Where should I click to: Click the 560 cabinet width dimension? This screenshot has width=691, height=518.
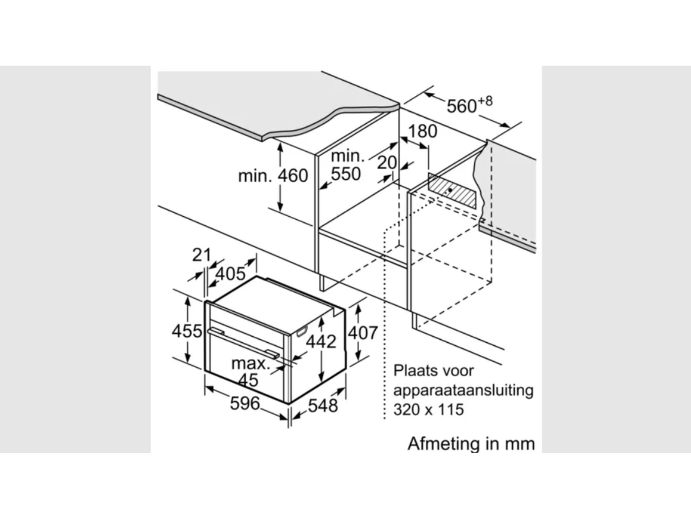point(461,106)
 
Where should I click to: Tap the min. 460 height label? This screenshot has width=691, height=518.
point(273,176)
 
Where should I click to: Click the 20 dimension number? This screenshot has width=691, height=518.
point(387,163)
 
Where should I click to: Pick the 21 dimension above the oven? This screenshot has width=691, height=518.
point(201,255)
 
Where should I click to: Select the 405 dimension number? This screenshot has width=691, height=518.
point(230,273)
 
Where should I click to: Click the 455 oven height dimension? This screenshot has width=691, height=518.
point(187,331)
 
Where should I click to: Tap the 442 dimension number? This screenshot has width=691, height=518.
point(320,341)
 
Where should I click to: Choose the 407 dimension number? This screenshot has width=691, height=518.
point(363,333)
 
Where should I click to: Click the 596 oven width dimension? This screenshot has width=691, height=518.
point(245,404)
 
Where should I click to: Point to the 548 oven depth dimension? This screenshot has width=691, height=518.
point(323,405)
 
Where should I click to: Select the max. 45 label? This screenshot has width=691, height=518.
point(250,371)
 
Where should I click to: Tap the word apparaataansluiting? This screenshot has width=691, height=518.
point(463,390)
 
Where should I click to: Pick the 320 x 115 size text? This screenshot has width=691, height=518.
point(428,409)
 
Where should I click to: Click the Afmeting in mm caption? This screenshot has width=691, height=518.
point(471,443)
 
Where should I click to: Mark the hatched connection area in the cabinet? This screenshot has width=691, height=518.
point(453,190)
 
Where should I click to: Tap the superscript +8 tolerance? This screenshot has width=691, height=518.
point(485,101)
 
